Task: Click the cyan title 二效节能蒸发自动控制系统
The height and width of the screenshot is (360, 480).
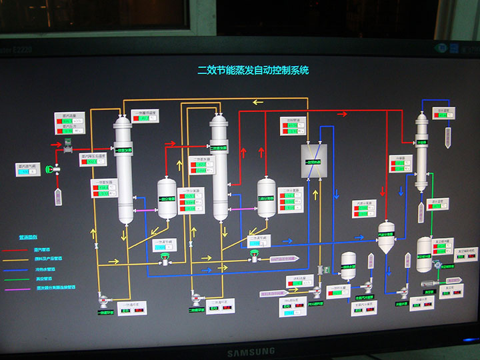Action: coord(253,69)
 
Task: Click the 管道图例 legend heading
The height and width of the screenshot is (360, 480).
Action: coord(28,237)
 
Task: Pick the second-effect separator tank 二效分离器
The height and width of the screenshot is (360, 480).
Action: coord(267,197)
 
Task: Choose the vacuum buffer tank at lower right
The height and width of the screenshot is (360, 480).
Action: coord(424,253)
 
